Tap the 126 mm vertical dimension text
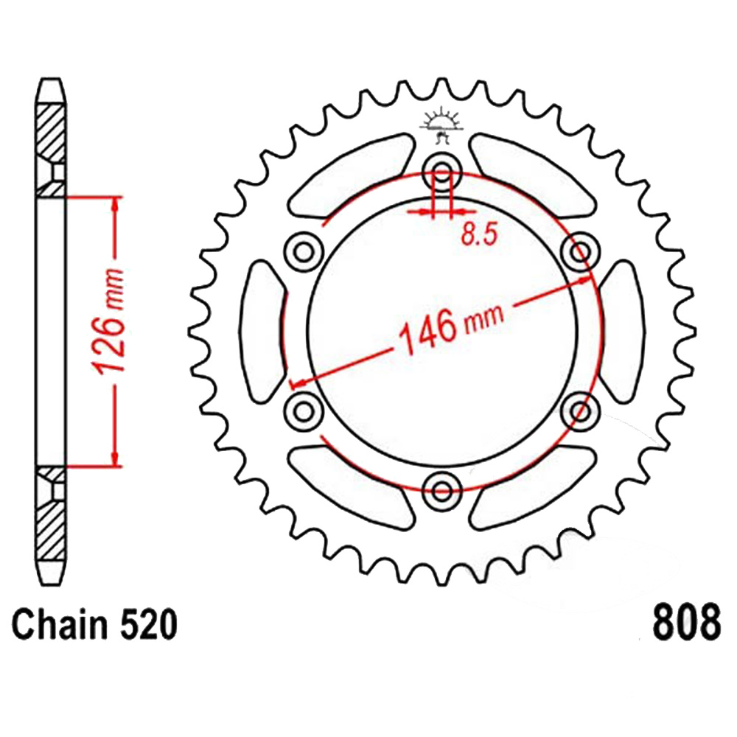[110, 321]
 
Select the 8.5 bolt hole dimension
[479, 234]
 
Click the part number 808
[685, 621]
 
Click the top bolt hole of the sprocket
[441, 172]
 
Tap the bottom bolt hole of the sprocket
[441, 492]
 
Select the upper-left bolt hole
[304, 252]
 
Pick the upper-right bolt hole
[581, 252]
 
